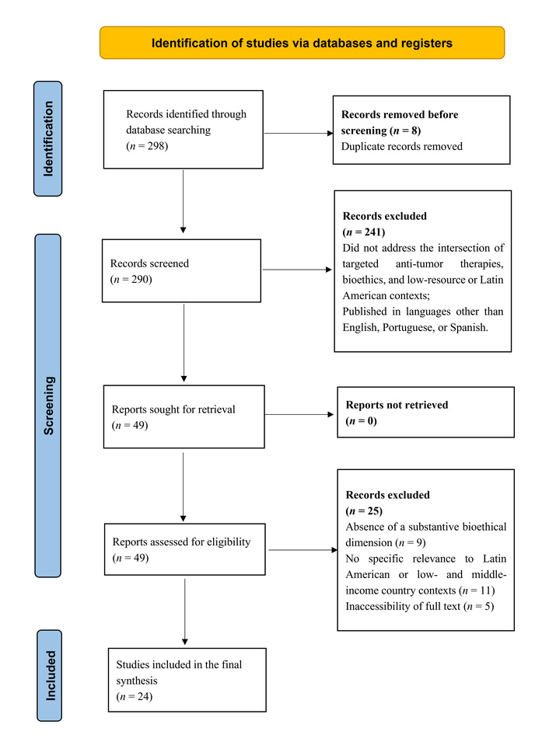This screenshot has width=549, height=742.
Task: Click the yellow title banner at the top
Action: [302, 43]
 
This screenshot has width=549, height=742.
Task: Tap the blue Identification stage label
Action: [48, 138]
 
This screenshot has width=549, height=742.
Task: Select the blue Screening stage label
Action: [48, 406]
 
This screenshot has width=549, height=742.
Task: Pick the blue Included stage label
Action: [49, 675]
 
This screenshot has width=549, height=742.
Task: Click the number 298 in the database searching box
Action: [156, 146]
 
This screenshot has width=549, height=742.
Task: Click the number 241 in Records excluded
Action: [372, 232]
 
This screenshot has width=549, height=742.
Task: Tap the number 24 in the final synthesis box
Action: [144, 697]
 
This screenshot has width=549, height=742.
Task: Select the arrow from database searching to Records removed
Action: [299, 134]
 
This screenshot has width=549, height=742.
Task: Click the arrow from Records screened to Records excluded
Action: [298, 270]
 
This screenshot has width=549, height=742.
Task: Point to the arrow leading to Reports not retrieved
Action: [299, 415]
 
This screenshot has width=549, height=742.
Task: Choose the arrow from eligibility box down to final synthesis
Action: [185, 612]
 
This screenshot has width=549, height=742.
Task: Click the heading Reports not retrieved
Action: [397, 405]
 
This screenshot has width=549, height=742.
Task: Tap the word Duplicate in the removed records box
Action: [363, 147]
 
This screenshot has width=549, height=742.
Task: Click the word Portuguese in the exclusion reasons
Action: [407, 327]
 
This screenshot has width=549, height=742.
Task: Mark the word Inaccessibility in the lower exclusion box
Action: [376, 607]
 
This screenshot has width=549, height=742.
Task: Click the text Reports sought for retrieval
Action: [173, 409]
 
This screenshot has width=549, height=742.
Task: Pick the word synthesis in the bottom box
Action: [137, 681]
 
